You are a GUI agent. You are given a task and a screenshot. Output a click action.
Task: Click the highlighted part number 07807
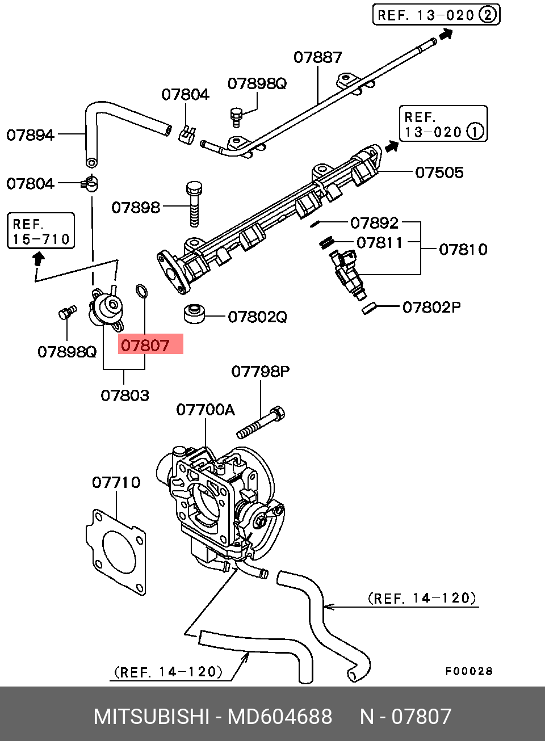(x=145, y=346)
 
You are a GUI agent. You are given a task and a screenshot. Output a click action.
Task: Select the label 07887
(x=318, y=57)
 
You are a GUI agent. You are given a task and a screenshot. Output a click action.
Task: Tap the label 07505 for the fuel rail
(x=439, y=172)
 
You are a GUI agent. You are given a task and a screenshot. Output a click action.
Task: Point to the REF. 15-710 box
(x=41, y=231)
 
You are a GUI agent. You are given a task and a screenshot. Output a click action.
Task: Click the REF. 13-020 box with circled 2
(x=437, y=15)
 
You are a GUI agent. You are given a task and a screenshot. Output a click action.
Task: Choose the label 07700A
(x=206, y=410)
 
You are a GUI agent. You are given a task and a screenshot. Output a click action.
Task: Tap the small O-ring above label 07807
(x=141, y=290)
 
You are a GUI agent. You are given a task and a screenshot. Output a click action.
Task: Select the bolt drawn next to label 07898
(x=194, y=204)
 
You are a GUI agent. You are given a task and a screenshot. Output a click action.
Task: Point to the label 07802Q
(x=257, y=317)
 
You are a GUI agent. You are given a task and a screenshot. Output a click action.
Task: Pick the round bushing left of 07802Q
(x=194, y=314)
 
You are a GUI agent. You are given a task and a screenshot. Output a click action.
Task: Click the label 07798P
(x=261, y=372)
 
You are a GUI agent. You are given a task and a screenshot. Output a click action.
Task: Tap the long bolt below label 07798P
(x=261, y=423)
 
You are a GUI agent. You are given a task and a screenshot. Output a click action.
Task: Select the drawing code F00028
(x=469, y=671)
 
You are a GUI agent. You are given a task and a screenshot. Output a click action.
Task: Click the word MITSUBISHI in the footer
(x=152, y=716)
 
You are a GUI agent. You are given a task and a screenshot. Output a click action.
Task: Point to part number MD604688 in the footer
(x=280, y=716)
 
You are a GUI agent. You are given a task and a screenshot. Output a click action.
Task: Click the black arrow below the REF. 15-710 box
(x=39, y=259)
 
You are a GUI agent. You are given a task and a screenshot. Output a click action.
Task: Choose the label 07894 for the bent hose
(x=31, y=135)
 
